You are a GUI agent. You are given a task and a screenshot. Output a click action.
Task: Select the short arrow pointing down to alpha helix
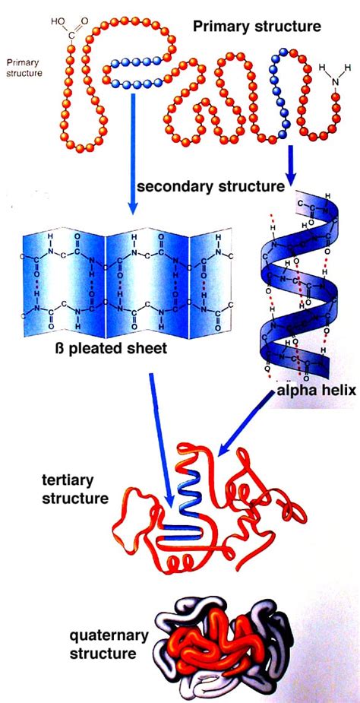(x=290, y=163)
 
